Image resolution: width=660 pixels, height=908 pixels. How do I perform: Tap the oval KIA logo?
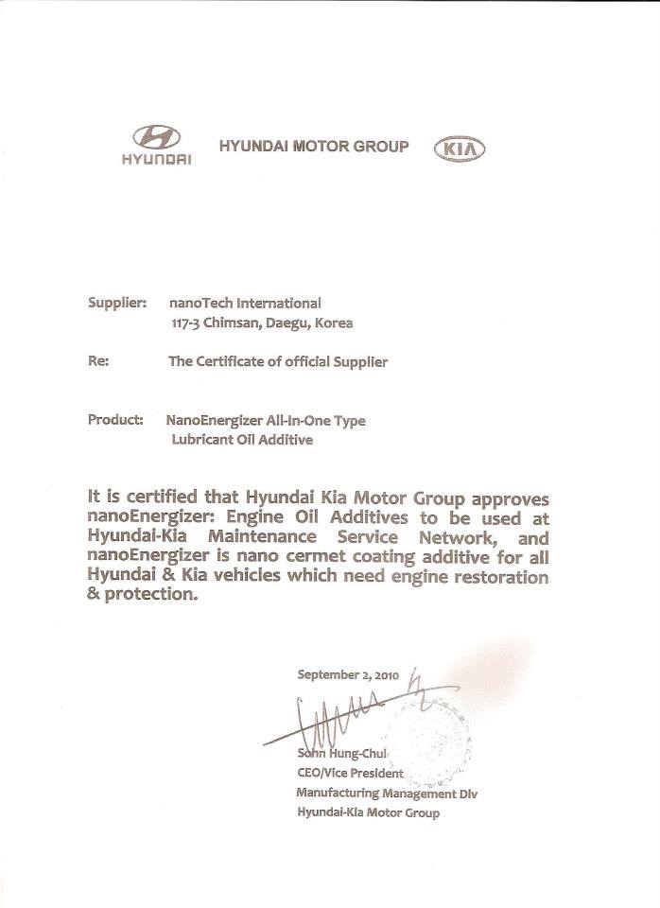pos(459,149)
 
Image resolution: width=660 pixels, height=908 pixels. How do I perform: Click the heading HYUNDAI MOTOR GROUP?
pos(314,147)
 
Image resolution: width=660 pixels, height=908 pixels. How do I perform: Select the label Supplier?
pos(116,304)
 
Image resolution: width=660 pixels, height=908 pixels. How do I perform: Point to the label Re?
pos(98,361)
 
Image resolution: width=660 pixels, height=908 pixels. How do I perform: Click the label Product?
pos(115,419)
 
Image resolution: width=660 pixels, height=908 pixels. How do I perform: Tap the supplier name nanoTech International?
pos(244,304)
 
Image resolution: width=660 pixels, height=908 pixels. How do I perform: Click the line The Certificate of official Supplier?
pos(277,361)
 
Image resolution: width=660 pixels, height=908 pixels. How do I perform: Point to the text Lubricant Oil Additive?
pos(241,439)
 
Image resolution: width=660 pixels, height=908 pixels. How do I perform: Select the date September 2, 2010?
pos(348,675)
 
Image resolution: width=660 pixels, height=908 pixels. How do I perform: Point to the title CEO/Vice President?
pos(350,773)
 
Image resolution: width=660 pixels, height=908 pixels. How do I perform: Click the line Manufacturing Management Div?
pos(386,793)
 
